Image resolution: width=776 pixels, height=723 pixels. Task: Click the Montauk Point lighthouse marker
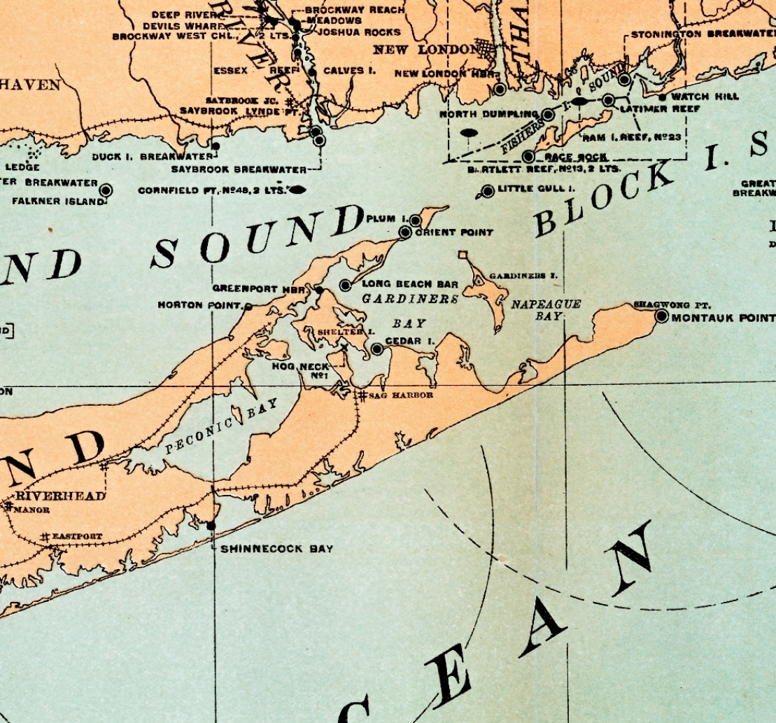(661, 316)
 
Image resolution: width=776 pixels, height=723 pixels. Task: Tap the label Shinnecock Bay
(277, 549)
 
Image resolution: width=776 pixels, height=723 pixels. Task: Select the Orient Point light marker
(404, 232)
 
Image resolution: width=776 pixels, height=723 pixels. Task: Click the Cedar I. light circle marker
(376, 349)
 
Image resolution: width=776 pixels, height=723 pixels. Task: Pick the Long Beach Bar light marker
(345, 285)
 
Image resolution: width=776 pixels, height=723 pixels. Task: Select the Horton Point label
(199, 305)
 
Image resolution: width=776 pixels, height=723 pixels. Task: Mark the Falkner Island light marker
(106, 190)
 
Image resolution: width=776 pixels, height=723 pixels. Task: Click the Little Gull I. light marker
(488, 191)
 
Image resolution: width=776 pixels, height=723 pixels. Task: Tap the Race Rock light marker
(528, 156)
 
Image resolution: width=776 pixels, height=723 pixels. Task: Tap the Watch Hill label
(700, 97)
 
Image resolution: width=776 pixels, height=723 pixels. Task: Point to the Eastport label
(77, 537)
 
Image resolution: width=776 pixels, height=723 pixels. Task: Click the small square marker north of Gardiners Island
(462, 255)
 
